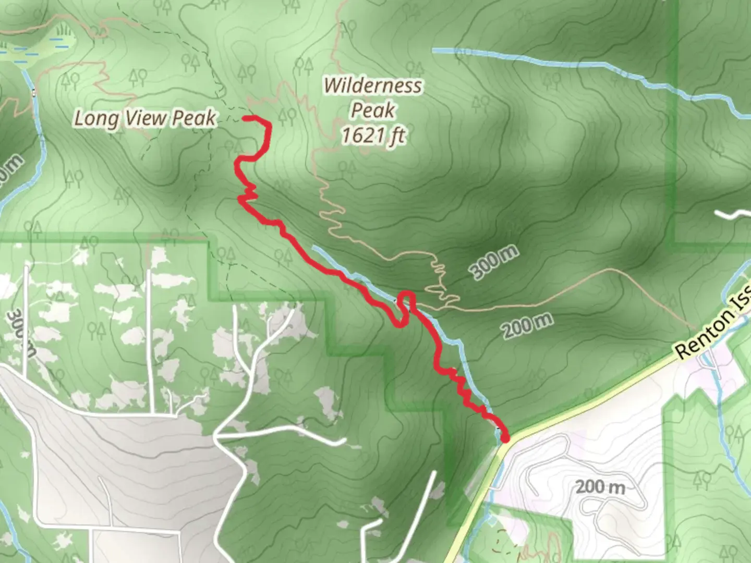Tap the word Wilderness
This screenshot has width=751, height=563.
tap(372, 85)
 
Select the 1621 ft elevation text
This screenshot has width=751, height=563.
tap(373, 136)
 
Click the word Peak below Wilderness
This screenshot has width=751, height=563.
tap(372, 111)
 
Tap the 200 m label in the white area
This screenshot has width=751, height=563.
tap(600, 487)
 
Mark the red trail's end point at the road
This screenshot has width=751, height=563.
tap(504, 438)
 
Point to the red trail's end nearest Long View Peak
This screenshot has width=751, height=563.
tap(246, 118)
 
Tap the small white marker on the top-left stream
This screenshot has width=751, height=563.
tap(34, 93)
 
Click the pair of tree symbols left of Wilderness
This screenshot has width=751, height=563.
tap(304, 67)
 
